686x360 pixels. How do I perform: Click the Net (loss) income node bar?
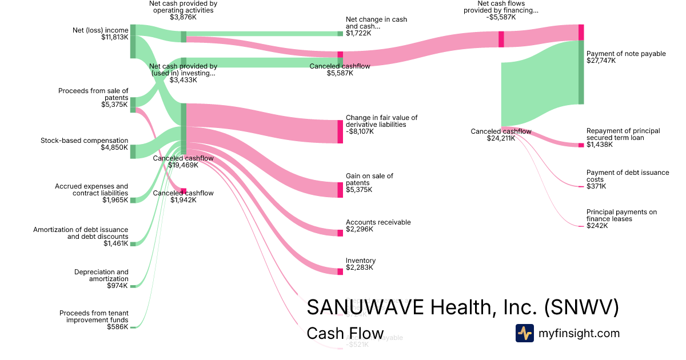(x=133, y=42)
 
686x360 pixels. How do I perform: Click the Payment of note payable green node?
(x=581, y=73)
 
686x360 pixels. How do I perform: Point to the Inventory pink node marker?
(x=340, y=271)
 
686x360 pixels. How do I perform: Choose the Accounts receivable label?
(x=378, y=222)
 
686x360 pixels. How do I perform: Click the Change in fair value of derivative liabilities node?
(x=340, y=131)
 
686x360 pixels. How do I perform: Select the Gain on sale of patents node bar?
(x=340, y=190)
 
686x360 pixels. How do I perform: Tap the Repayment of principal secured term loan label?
(x=623, y=134)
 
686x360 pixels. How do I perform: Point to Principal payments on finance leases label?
(x=621, y=215)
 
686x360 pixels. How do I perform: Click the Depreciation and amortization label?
(x=101, y=275)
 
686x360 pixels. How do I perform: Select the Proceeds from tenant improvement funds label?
(x=94, y=317)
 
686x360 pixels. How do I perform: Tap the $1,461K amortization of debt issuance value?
(x=116, y=244)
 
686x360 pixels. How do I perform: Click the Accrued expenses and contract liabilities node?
(x=133, y=200)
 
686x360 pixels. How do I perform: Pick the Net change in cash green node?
(x=340, y=34)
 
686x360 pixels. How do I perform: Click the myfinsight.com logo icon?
(x=524, y=333)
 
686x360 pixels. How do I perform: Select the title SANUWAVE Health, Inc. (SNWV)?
(x=462, y=307)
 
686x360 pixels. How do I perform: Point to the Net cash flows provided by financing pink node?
(x=501, y=39)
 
